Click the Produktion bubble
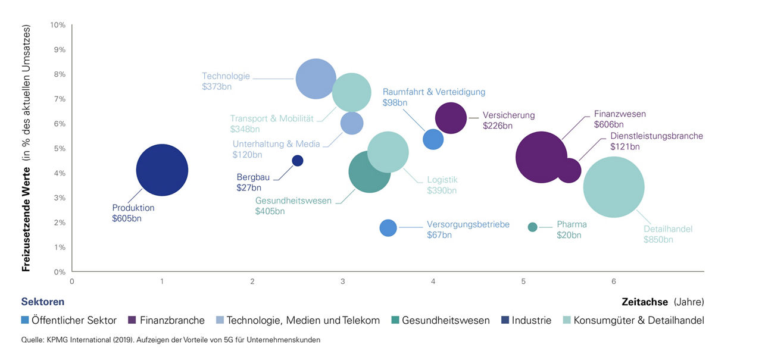click(x=162, y=170)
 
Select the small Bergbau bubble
click(x=298, y=161)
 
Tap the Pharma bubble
click(x=532, y=227)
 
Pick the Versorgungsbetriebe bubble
click(x=388, y=228)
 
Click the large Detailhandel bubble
click(x=614, y=187)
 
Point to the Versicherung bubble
click(x=451, y=118)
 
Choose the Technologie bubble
click(x=317, y=79)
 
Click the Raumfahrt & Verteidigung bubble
click(x=433, y=139)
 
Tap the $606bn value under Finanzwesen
click(x=608, y=124)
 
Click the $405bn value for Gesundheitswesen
click(x=270, y=211)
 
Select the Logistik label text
click(x=442, y=180)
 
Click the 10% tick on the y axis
click(x=58, y=25)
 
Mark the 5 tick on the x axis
click(x=523, y=281)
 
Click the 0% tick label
click(x=60, y=272)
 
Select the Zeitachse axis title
click(x=645, y=301)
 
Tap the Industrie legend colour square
click(x=505, y=320)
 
